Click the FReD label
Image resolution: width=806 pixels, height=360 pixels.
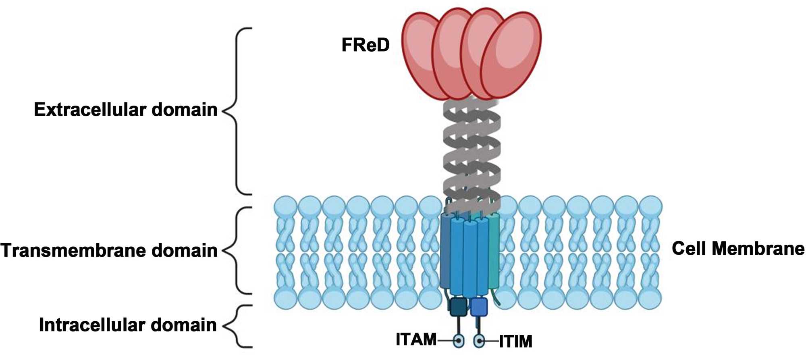coord(366,45)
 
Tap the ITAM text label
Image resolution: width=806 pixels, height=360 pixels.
coord(416,339)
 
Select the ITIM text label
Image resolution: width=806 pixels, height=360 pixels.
coord(515,341)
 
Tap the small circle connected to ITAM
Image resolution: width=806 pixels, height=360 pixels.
coord(458,341)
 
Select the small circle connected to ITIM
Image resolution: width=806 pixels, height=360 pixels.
coord(479,341)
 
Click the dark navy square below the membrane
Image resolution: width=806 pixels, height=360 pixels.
coord(458,307)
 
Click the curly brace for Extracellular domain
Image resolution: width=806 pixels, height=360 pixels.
coord(238,110)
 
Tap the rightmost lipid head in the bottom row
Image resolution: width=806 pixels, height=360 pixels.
coord(650,298)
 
